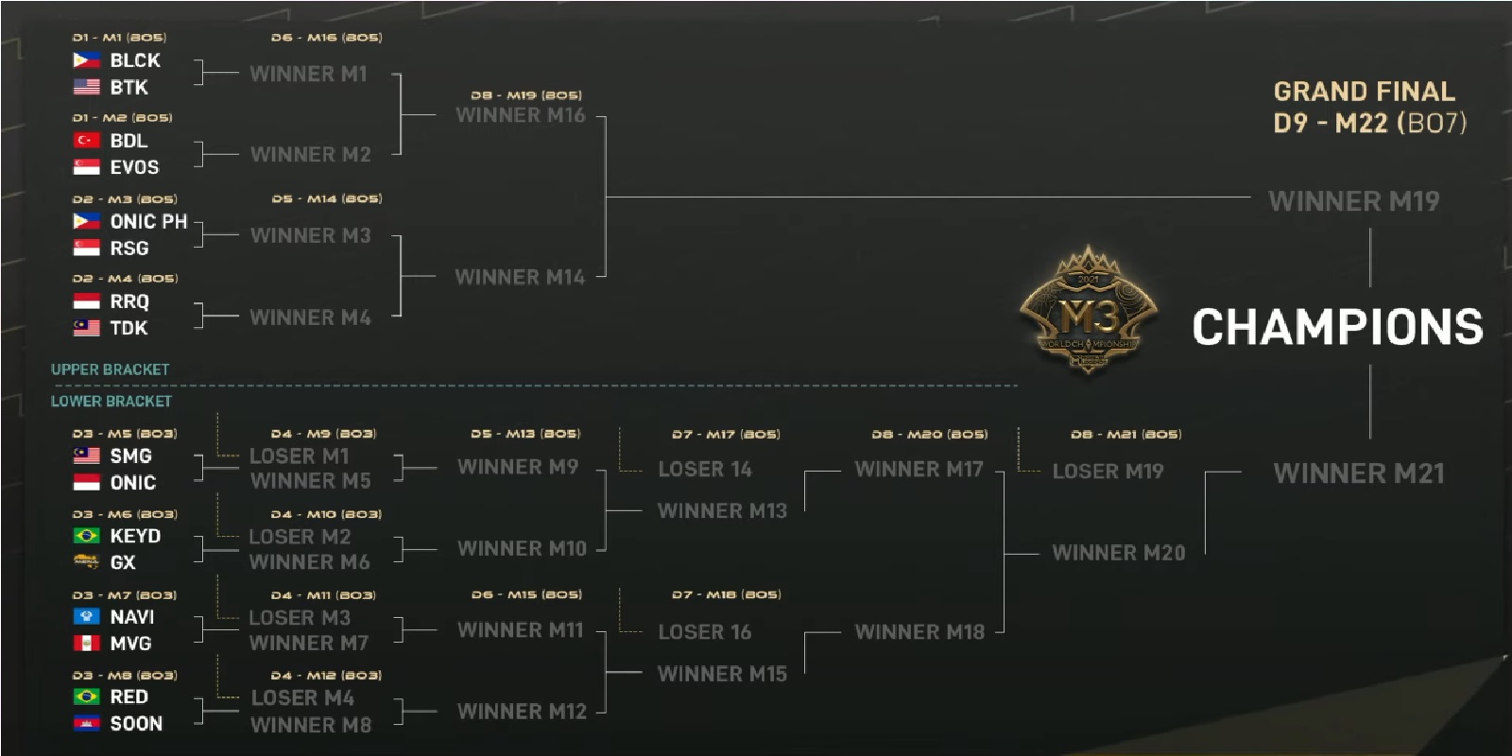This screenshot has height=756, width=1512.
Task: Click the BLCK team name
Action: click(134, 60)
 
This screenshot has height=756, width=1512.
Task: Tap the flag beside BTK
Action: click(87, 87)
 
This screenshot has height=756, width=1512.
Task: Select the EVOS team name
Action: click(134, 167)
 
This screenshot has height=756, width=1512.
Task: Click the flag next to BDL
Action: click(87, 140)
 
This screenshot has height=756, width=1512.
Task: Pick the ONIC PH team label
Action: click(148, 221)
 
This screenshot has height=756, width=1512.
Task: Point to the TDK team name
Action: click(129, 328)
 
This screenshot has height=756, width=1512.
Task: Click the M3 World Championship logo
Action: click(1089, 312)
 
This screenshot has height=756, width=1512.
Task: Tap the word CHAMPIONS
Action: click(1337, 327)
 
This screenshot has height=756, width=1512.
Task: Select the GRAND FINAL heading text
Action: click(1364, 92)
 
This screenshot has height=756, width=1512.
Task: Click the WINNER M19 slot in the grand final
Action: click(1353, 201)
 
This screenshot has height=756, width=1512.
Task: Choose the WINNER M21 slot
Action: click(1359, 473)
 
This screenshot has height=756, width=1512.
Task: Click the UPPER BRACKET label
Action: click(110, 369)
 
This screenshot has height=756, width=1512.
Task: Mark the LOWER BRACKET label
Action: click(111, 401)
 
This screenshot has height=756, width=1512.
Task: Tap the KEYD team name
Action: click(135, 536)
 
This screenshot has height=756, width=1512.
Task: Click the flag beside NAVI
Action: click(87, 616)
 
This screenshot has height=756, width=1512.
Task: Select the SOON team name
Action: click(136, 724)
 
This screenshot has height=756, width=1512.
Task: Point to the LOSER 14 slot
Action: click(704, 469)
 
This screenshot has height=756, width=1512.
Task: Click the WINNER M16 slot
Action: click(520, 115)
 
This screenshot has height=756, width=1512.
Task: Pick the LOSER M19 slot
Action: click(1108, 471)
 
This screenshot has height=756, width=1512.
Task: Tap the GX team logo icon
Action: click(87, 562)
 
